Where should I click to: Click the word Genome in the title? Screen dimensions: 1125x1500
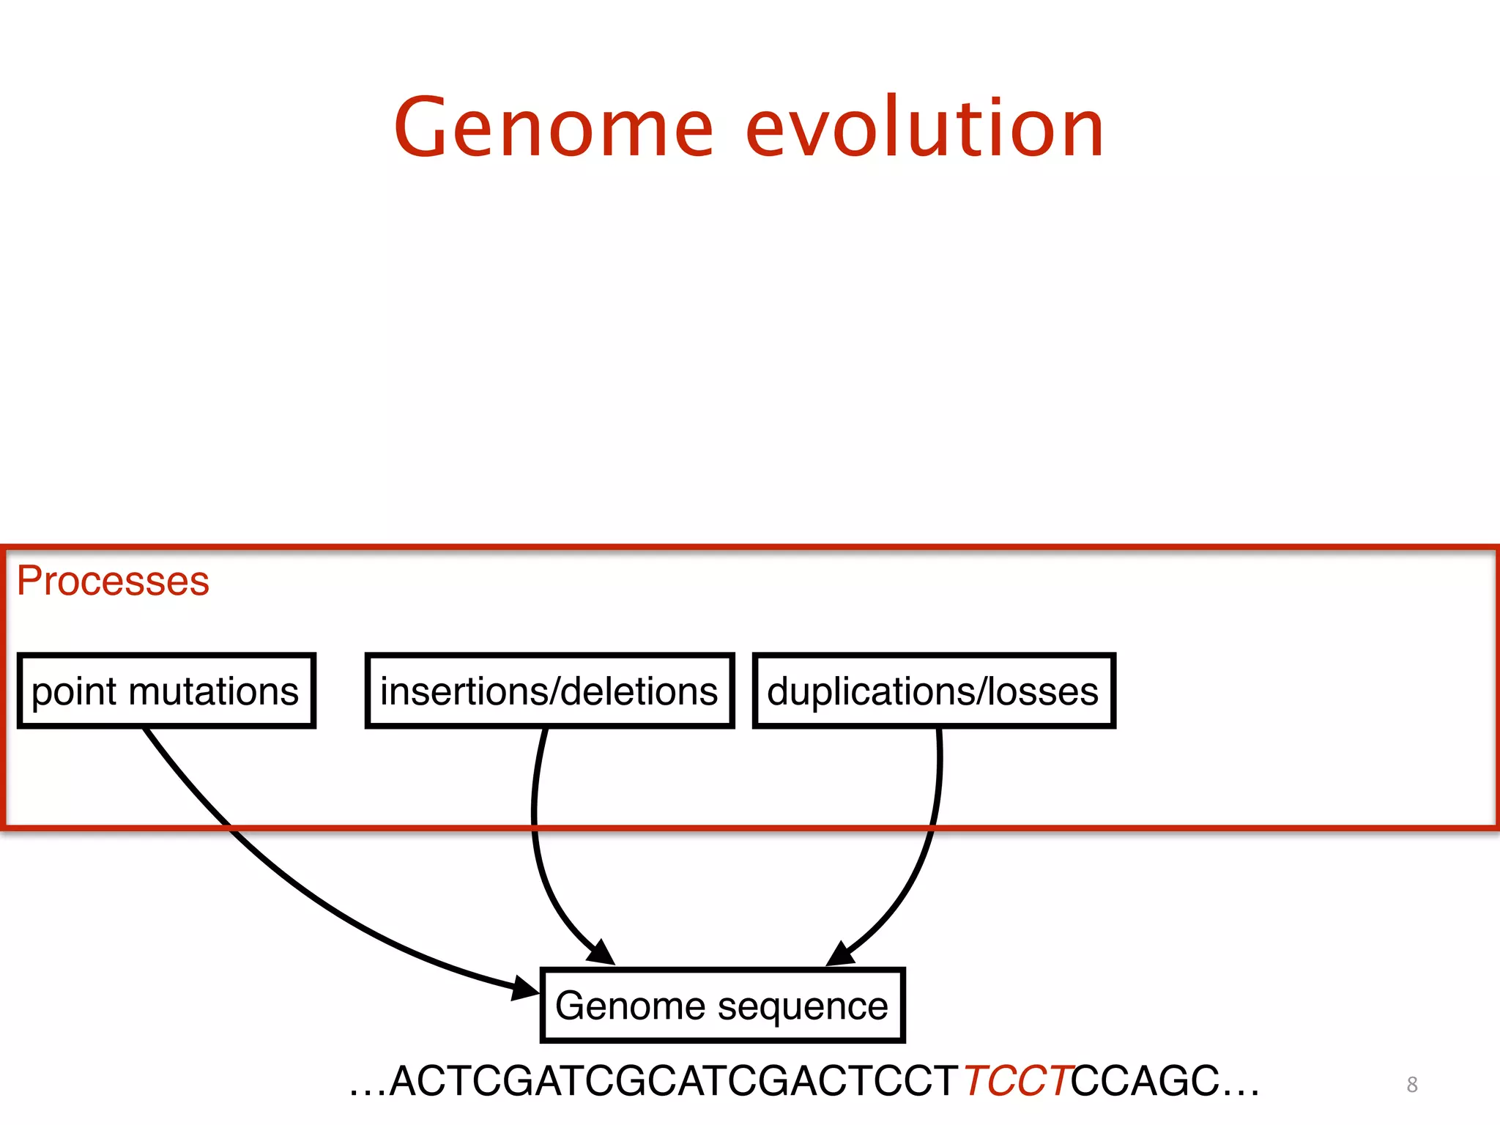pyautogui.click(x=553, y=128)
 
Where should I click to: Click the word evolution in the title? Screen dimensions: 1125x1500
pyautogui.click(x=924, y=128)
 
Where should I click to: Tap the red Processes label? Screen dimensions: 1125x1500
pyautogui.click(x=113, y=581)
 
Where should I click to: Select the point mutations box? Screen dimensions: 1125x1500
pyautogui.click(x=166, y=691)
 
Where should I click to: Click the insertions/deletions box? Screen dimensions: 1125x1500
pyautogui.click(x=549, y=691)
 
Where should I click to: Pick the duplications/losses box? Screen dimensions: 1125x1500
pyautogui.click(x=933, y=691)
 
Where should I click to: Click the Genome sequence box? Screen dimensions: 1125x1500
pyautogui.click(x=722, y=1005)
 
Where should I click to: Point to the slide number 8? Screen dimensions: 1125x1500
pyautogui.click(x=1412, y=1084)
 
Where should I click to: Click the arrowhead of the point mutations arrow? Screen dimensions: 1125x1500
pyautogui.click(x=525, y=988)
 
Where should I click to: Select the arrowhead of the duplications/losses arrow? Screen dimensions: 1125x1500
pyautogui.click(x=840, y=954)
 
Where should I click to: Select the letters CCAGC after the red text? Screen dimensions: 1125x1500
pyautogui.click(x=1145, y=1080)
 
